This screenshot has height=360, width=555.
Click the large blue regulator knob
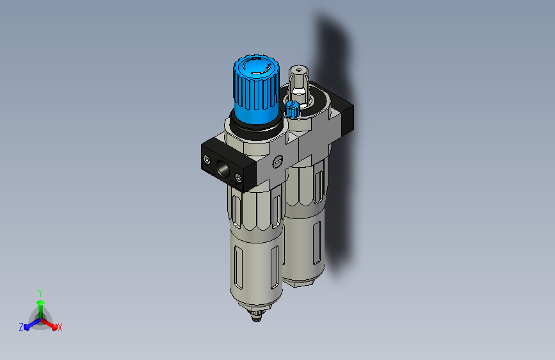pyautogui.click(x=256, y=88)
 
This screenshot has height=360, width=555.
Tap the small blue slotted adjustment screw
pyautogui.click(x=293, y=108)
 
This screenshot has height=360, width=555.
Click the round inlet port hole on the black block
pyautogui.click(x=223, y=168)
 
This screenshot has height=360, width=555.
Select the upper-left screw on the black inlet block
pyautogui.click(x=207, y=161)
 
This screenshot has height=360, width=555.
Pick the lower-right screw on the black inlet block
pyautogui.click(x=239, y=178)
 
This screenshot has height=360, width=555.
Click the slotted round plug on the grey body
pyautogui.click(x=278, y=161)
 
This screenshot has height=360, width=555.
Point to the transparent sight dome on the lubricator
pyautogui.click(x=299, y=85)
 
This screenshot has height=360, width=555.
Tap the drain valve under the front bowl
pyautogui.click(x=257, y=315)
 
